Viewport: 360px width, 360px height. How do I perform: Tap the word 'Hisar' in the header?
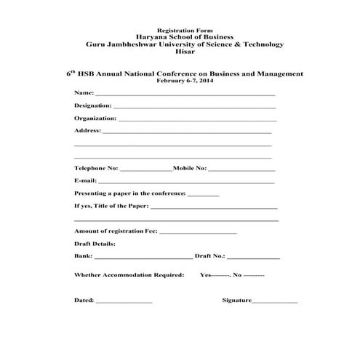pos(179,51)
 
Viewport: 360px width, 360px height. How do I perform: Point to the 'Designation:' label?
pos(92,105)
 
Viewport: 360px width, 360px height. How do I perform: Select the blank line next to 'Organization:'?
pos(197,119)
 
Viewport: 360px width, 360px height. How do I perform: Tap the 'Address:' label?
pos(87,131)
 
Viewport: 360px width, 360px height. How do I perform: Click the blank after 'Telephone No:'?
pos(146,169)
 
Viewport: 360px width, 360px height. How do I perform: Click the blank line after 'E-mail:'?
pos(186,182)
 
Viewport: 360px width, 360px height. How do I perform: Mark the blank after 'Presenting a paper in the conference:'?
pos(204,196)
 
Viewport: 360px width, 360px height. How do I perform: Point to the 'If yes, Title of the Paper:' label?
pos(112,207)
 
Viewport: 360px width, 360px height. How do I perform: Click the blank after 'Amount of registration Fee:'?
pos(198,232)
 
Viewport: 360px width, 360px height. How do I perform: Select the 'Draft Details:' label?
pos(95,244)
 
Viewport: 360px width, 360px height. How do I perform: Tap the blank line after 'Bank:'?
pos(143,257)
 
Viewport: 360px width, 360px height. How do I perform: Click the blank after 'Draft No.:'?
pos(254,257)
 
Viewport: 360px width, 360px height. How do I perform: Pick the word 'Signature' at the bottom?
pos(236,300)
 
